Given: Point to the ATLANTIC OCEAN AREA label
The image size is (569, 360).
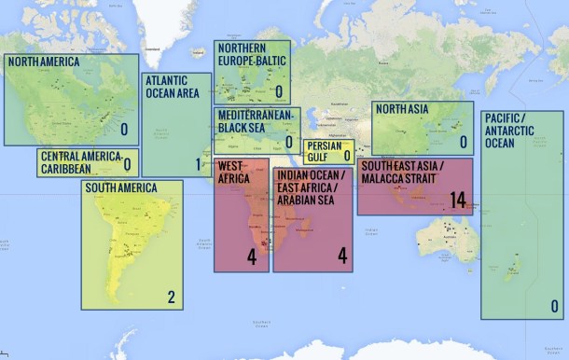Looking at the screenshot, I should coord(172,87).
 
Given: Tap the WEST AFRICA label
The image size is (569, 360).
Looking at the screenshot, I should coord(233,173).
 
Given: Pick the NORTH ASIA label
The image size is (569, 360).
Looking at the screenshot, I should coord(402,110).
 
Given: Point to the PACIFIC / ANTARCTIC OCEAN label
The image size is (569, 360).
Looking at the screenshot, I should coord(512,130).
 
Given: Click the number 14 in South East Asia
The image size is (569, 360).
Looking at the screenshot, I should coord(456,200).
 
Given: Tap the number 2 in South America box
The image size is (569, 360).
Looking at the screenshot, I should coord(171,298).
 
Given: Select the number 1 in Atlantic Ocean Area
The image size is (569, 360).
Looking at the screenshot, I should coord(198,165).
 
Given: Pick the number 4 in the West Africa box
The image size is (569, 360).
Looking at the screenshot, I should coord(251,256).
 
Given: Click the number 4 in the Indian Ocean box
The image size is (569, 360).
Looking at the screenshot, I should coord(341,256).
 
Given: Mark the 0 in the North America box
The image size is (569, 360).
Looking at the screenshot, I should coord(124,130).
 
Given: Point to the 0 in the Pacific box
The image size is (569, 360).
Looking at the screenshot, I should coord(554,306).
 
